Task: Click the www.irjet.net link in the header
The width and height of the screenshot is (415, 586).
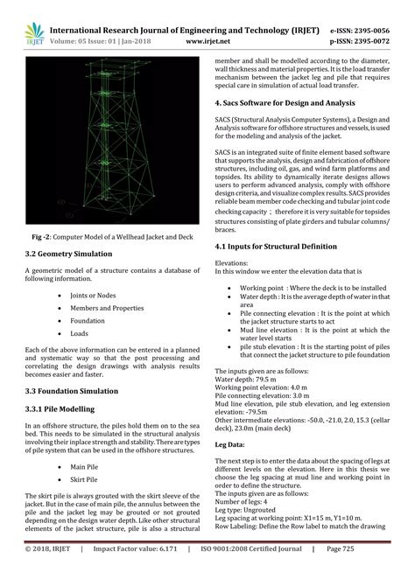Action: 207,39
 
